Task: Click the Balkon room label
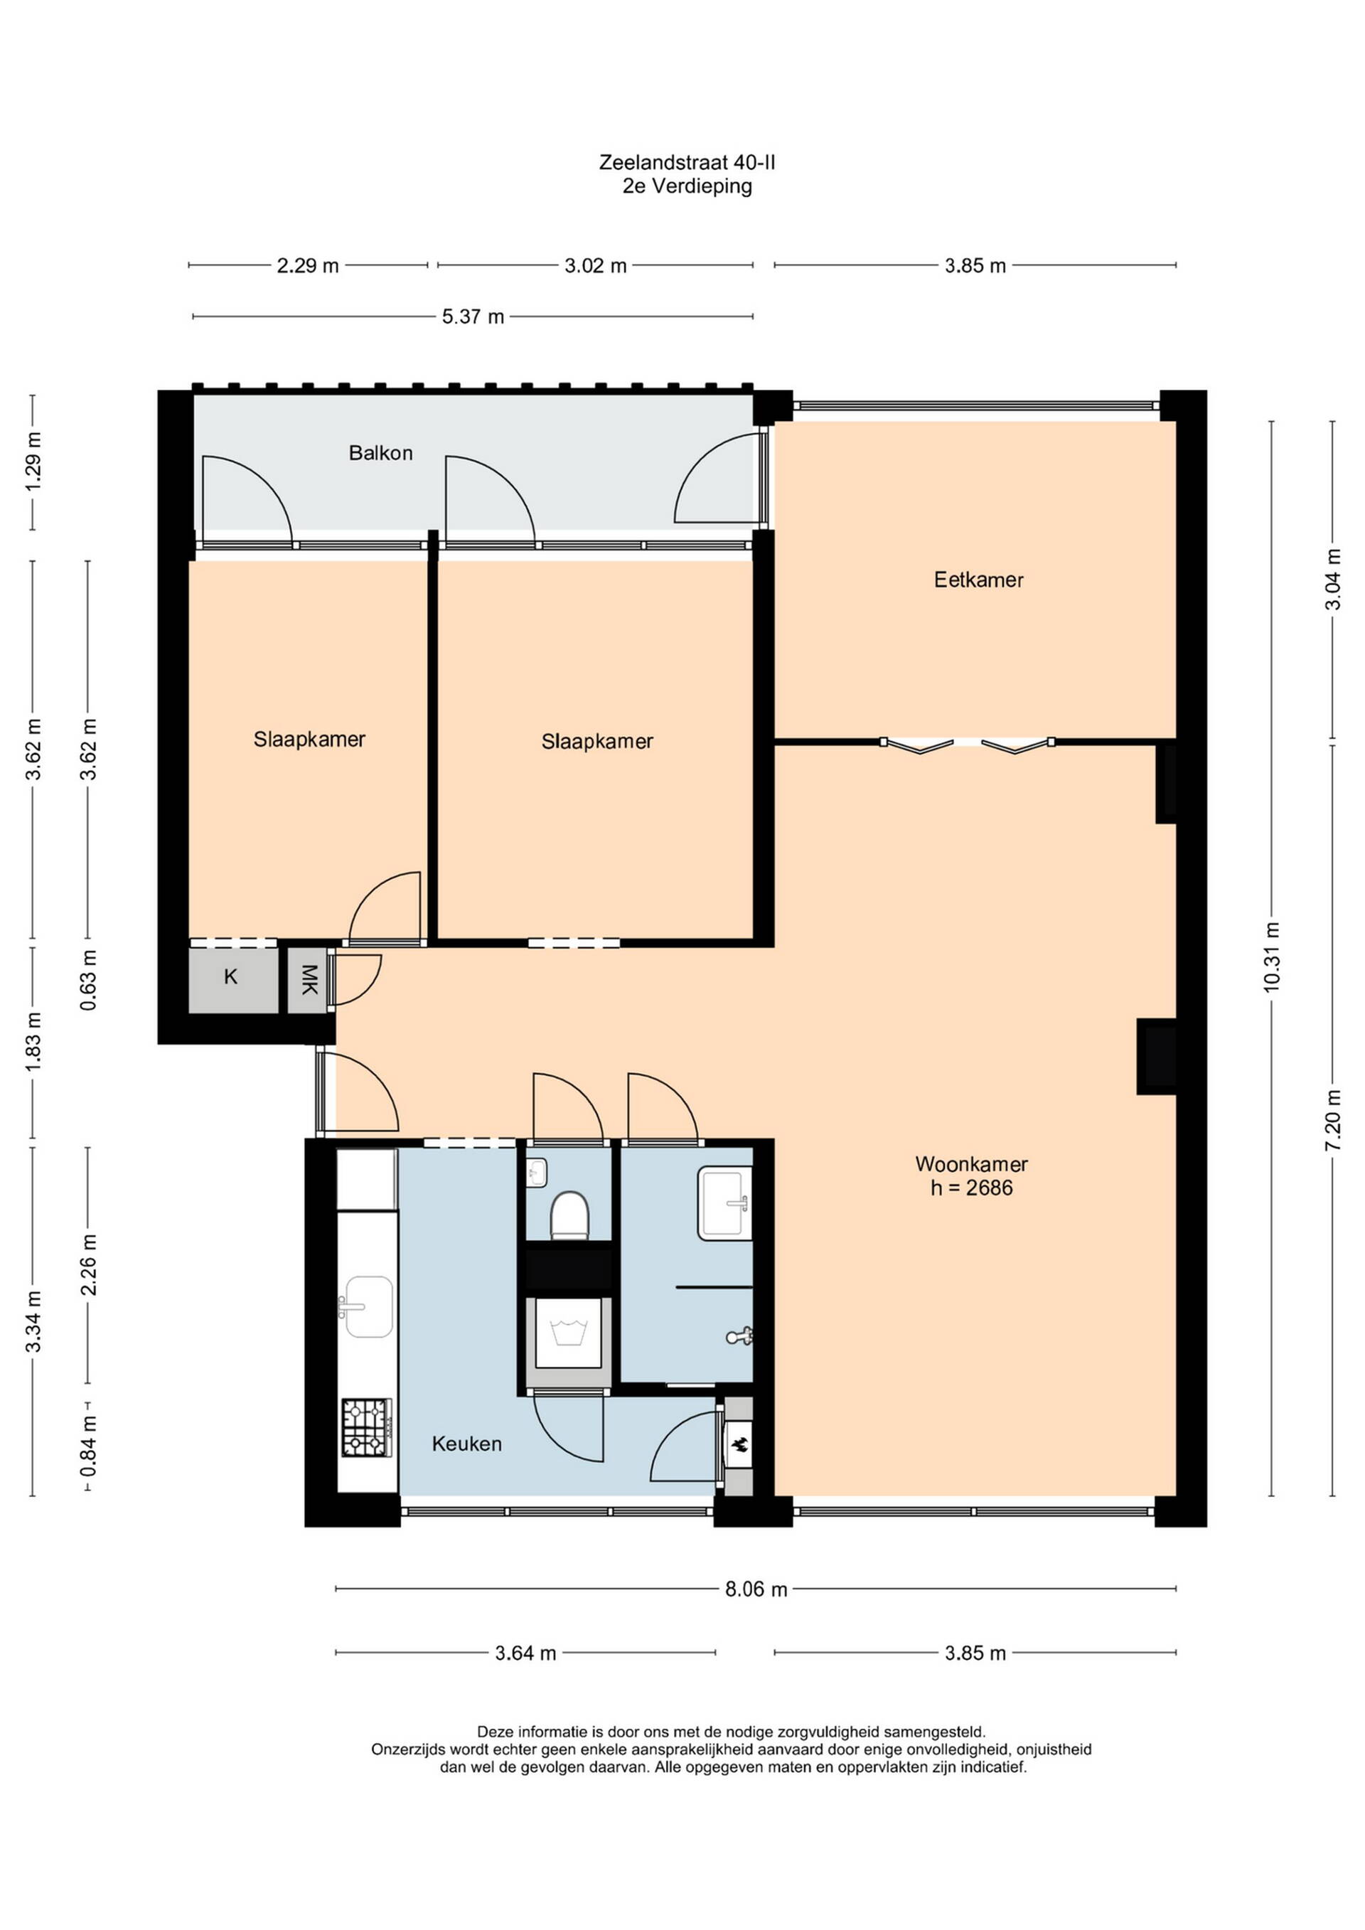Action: pos(381,453)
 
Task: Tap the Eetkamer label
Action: pos(978,580)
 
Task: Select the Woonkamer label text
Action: pos(972,1164)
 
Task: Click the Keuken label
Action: pos(466,1444)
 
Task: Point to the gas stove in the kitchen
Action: pos(366,1428)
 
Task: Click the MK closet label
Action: pos(309,979)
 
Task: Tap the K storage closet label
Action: pos(230,977)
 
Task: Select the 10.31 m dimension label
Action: pos(1271,956)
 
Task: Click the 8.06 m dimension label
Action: pos(756,1589)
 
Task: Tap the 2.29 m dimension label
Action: pos(308,267)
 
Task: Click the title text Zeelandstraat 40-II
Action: pos(687,161)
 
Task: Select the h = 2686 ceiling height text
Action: pos(972,1188)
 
